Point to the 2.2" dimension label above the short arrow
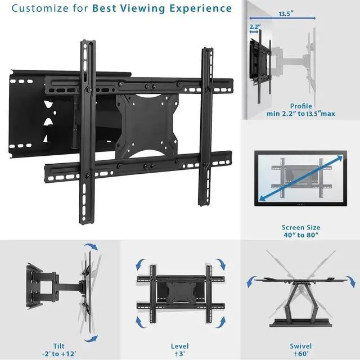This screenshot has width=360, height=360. point(254,26)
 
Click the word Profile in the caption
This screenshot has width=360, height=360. point(301,106)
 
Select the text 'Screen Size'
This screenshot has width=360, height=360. point(301,228)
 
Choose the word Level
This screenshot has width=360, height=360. point(179,345)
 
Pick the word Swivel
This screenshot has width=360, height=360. point(300,345)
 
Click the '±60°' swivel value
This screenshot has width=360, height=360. point(300,354)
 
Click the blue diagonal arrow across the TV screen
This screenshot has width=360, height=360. point(301,179)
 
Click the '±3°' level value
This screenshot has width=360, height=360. point(179,354)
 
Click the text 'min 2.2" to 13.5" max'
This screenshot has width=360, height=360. point(301,114)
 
